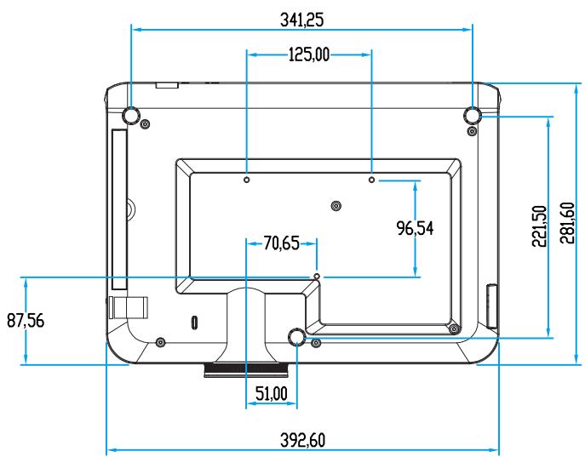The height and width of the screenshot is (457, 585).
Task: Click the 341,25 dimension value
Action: click(301, 20)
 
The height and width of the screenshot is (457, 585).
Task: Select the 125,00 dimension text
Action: click(309, 54)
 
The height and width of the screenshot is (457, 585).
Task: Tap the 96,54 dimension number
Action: click(415, 228)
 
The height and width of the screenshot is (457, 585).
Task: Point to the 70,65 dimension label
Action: click(281, 243)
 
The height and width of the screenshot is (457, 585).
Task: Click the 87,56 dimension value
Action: click(26, 321)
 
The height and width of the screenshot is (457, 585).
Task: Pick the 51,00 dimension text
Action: click(272, 394)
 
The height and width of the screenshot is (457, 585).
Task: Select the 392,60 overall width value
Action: click(302, 440)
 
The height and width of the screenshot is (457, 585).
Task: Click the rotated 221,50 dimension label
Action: click(540, 226)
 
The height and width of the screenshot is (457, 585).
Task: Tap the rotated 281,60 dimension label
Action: click(567, 223)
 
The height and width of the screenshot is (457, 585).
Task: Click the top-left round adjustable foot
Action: click(131, 115)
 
